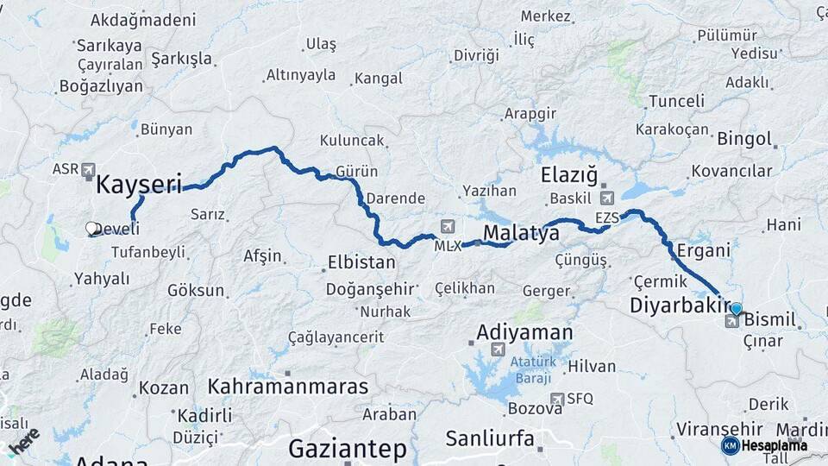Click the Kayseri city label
tap(139, 184)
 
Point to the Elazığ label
tap(569, 176)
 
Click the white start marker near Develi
tap(91, 229)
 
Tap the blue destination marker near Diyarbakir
tap(736, 308)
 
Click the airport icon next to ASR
tap(88, 171)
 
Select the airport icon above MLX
tap(447, 227)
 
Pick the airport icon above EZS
tap(606, 199)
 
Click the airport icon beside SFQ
tap(559, 399)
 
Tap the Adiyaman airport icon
tap(498, 349)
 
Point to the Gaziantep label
tap(347, 449)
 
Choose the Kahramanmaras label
tap(288, 386)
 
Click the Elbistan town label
tap(361, 262)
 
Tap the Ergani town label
tap(704, 250)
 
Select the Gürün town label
tap(357, 172)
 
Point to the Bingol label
tap(744, 138)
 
